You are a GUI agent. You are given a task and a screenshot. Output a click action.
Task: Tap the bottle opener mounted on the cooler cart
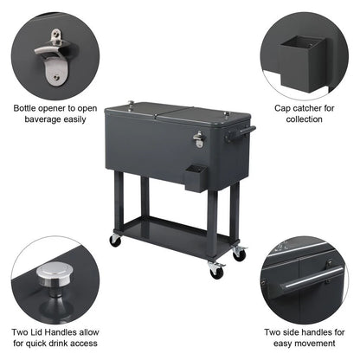pyautogui.click(x=198, y=138)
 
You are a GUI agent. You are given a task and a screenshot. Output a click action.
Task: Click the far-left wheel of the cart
pyautogui.click(x=115, y=240)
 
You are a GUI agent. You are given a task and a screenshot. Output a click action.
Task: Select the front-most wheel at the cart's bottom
pyautogui.click(x=216, y=271)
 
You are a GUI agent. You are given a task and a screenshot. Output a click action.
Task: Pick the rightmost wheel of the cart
pyautogui.click(x=240, y=254)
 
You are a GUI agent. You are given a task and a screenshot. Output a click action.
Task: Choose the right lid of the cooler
pyautogui.click(x=208, y=115)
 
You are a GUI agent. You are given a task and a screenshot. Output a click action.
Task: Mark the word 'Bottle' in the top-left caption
pyautogui.click(x=27, y=108)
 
